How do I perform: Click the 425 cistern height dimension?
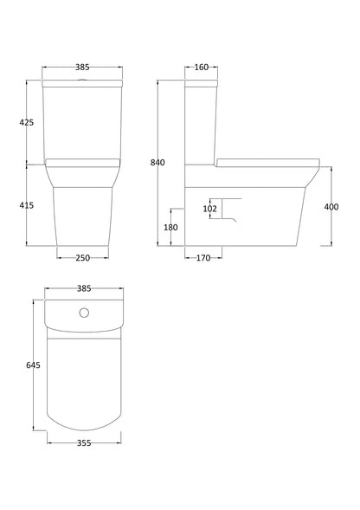pyautogui.click(x=26, y=123)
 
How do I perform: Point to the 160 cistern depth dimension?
pyautogui.click(x=201, y=67)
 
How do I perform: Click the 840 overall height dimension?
pyautogui.click(x=157, y=163)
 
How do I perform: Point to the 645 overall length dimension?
pyautogui.click(x=33, y=365)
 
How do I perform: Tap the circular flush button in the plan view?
pyautogui.click(x=83, y=313)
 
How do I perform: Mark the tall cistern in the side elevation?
pyautogui.click(x=200, y=121)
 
